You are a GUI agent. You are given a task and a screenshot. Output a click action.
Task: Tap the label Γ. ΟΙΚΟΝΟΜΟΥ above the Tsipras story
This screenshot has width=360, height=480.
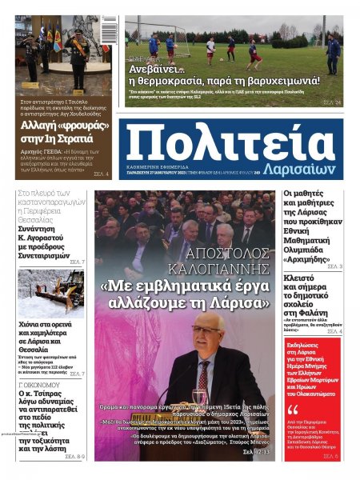(41, 383)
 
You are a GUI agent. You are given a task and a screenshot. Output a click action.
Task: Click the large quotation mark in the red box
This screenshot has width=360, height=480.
(293, 410)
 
